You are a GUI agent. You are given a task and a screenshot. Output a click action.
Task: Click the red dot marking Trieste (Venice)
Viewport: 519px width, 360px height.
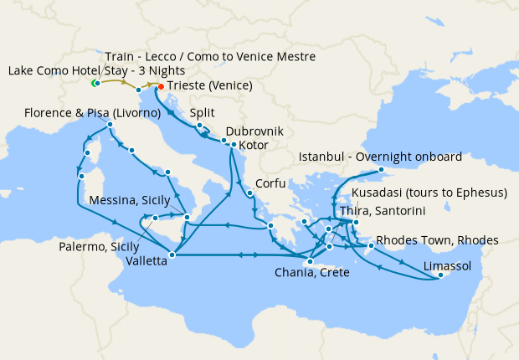pos(161,85)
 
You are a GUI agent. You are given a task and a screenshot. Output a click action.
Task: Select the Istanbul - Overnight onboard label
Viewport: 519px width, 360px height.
pos(381,157)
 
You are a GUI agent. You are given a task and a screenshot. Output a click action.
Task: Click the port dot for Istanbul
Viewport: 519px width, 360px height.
pos(382,170)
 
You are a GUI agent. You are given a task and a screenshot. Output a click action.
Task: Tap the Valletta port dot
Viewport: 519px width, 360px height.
pos(172,255)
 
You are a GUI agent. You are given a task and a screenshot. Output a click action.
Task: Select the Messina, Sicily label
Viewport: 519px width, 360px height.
pos(130,201)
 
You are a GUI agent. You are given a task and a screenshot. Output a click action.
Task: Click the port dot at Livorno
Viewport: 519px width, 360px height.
pos(110,125)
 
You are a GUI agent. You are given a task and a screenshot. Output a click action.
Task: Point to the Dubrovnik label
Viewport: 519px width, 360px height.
pos(254,131)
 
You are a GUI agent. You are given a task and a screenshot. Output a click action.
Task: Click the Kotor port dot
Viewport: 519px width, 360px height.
pos(233,145)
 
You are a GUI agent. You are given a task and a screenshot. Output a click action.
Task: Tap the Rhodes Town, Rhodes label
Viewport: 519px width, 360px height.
pos(437,240)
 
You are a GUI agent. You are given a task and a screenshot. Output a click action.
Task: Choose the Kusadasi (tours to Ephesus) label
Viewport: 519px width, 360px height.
pos(429,193)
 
